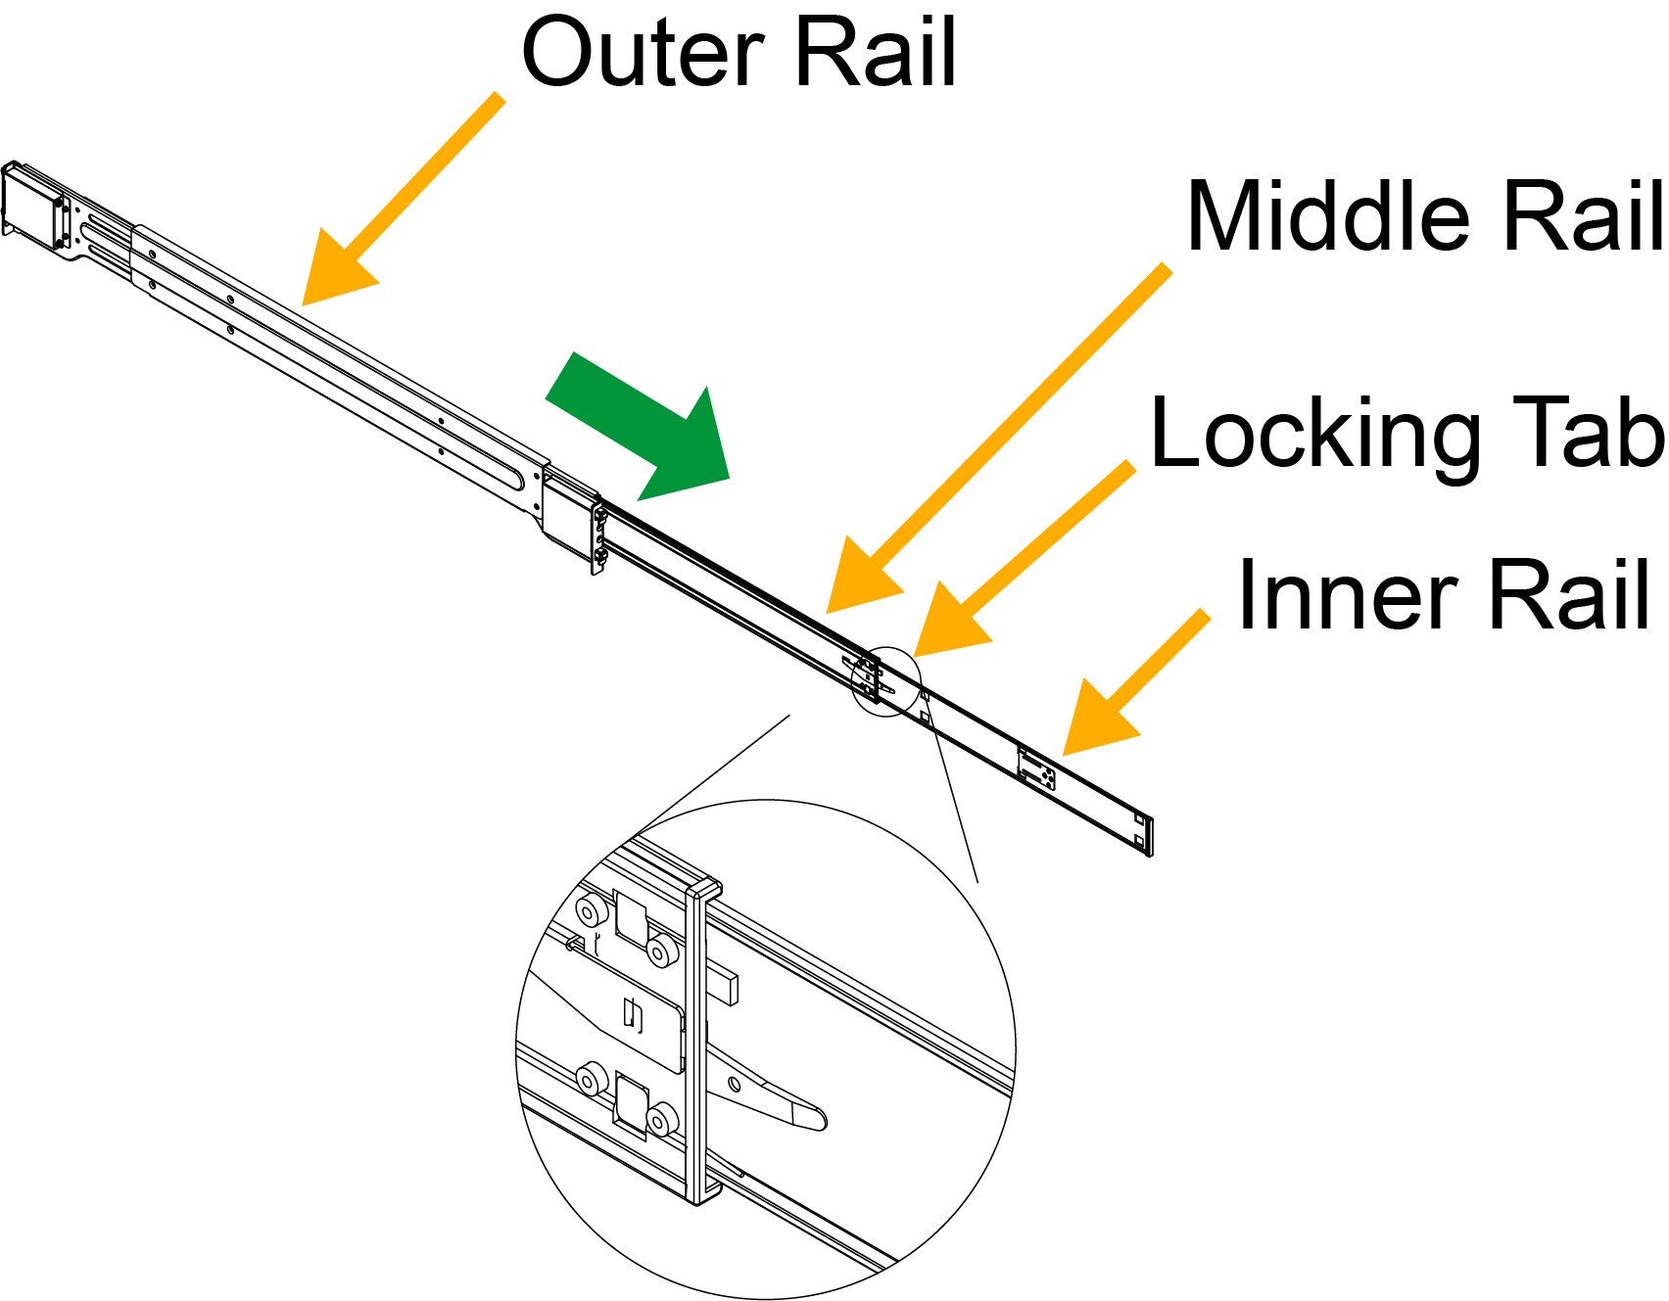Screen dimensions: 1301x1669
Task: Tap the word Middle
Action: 1327,217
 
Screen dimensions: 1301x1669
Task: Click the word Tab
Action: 1578,433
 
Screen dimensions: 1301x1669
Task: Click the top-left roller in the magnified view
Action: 589,911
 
